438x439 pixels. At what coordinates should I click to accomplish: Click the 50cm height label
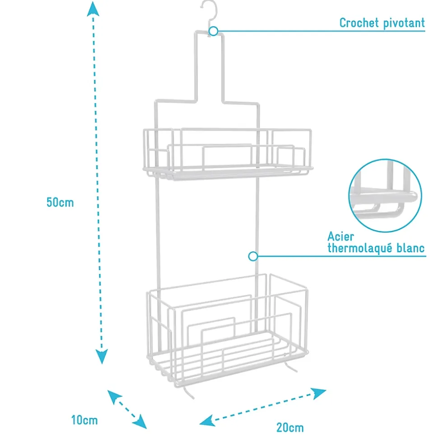pyautogui.click(x=60, y=202)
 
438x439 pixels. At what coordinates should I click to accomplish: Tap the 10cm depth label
pyautogui.click(x=84, y=420)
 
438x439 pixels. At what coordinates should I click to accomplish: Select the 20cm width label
pyautogui.click(x=290, y=428)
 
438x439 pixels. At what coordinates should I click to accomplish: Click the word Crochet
pyautogui.click(x=359, y=23)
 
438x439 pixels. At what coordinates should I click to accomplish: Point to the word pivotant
pyautogui.click(x=404, y=23)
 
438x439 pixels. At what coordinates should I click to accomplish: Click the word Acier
pyautogui.click(x=340, y=236)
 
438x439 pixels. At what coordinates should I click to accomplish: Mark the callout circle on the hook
pyautogui.click(x=214, y=31)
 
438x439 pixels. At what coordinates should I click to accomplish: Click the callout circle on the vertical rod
pyautogui.click(x=253, y=256)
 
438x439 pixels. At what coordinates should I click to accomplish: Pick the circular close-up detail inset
pyautogui.click(x=385, y=195)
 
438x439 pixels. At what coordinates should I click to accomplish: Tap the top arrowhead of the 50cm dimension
pyautogui.click(x=93, y=9)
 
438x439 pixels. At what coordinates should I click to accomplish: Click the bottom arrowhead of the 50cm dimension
pyautogui.click(x=102, y=356)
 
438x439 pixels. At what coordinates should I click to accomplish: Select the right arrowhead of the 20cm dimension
pyautogui.click(x=319, y=393)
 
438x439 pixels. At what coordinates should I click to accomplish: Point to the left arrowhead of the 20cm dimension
pyautogui.click(x=207, y=420)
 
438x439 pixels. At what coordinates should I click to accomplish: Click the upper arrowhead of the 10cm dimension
pyautogui.click(x=114, y=396)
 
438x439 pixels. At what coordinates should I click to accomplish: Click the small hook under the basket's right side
pyautogui.click(x=290, y=367)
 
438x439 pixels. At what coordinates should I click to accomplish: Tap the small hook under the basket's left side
pyautogui.click(x=188, y=392)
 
